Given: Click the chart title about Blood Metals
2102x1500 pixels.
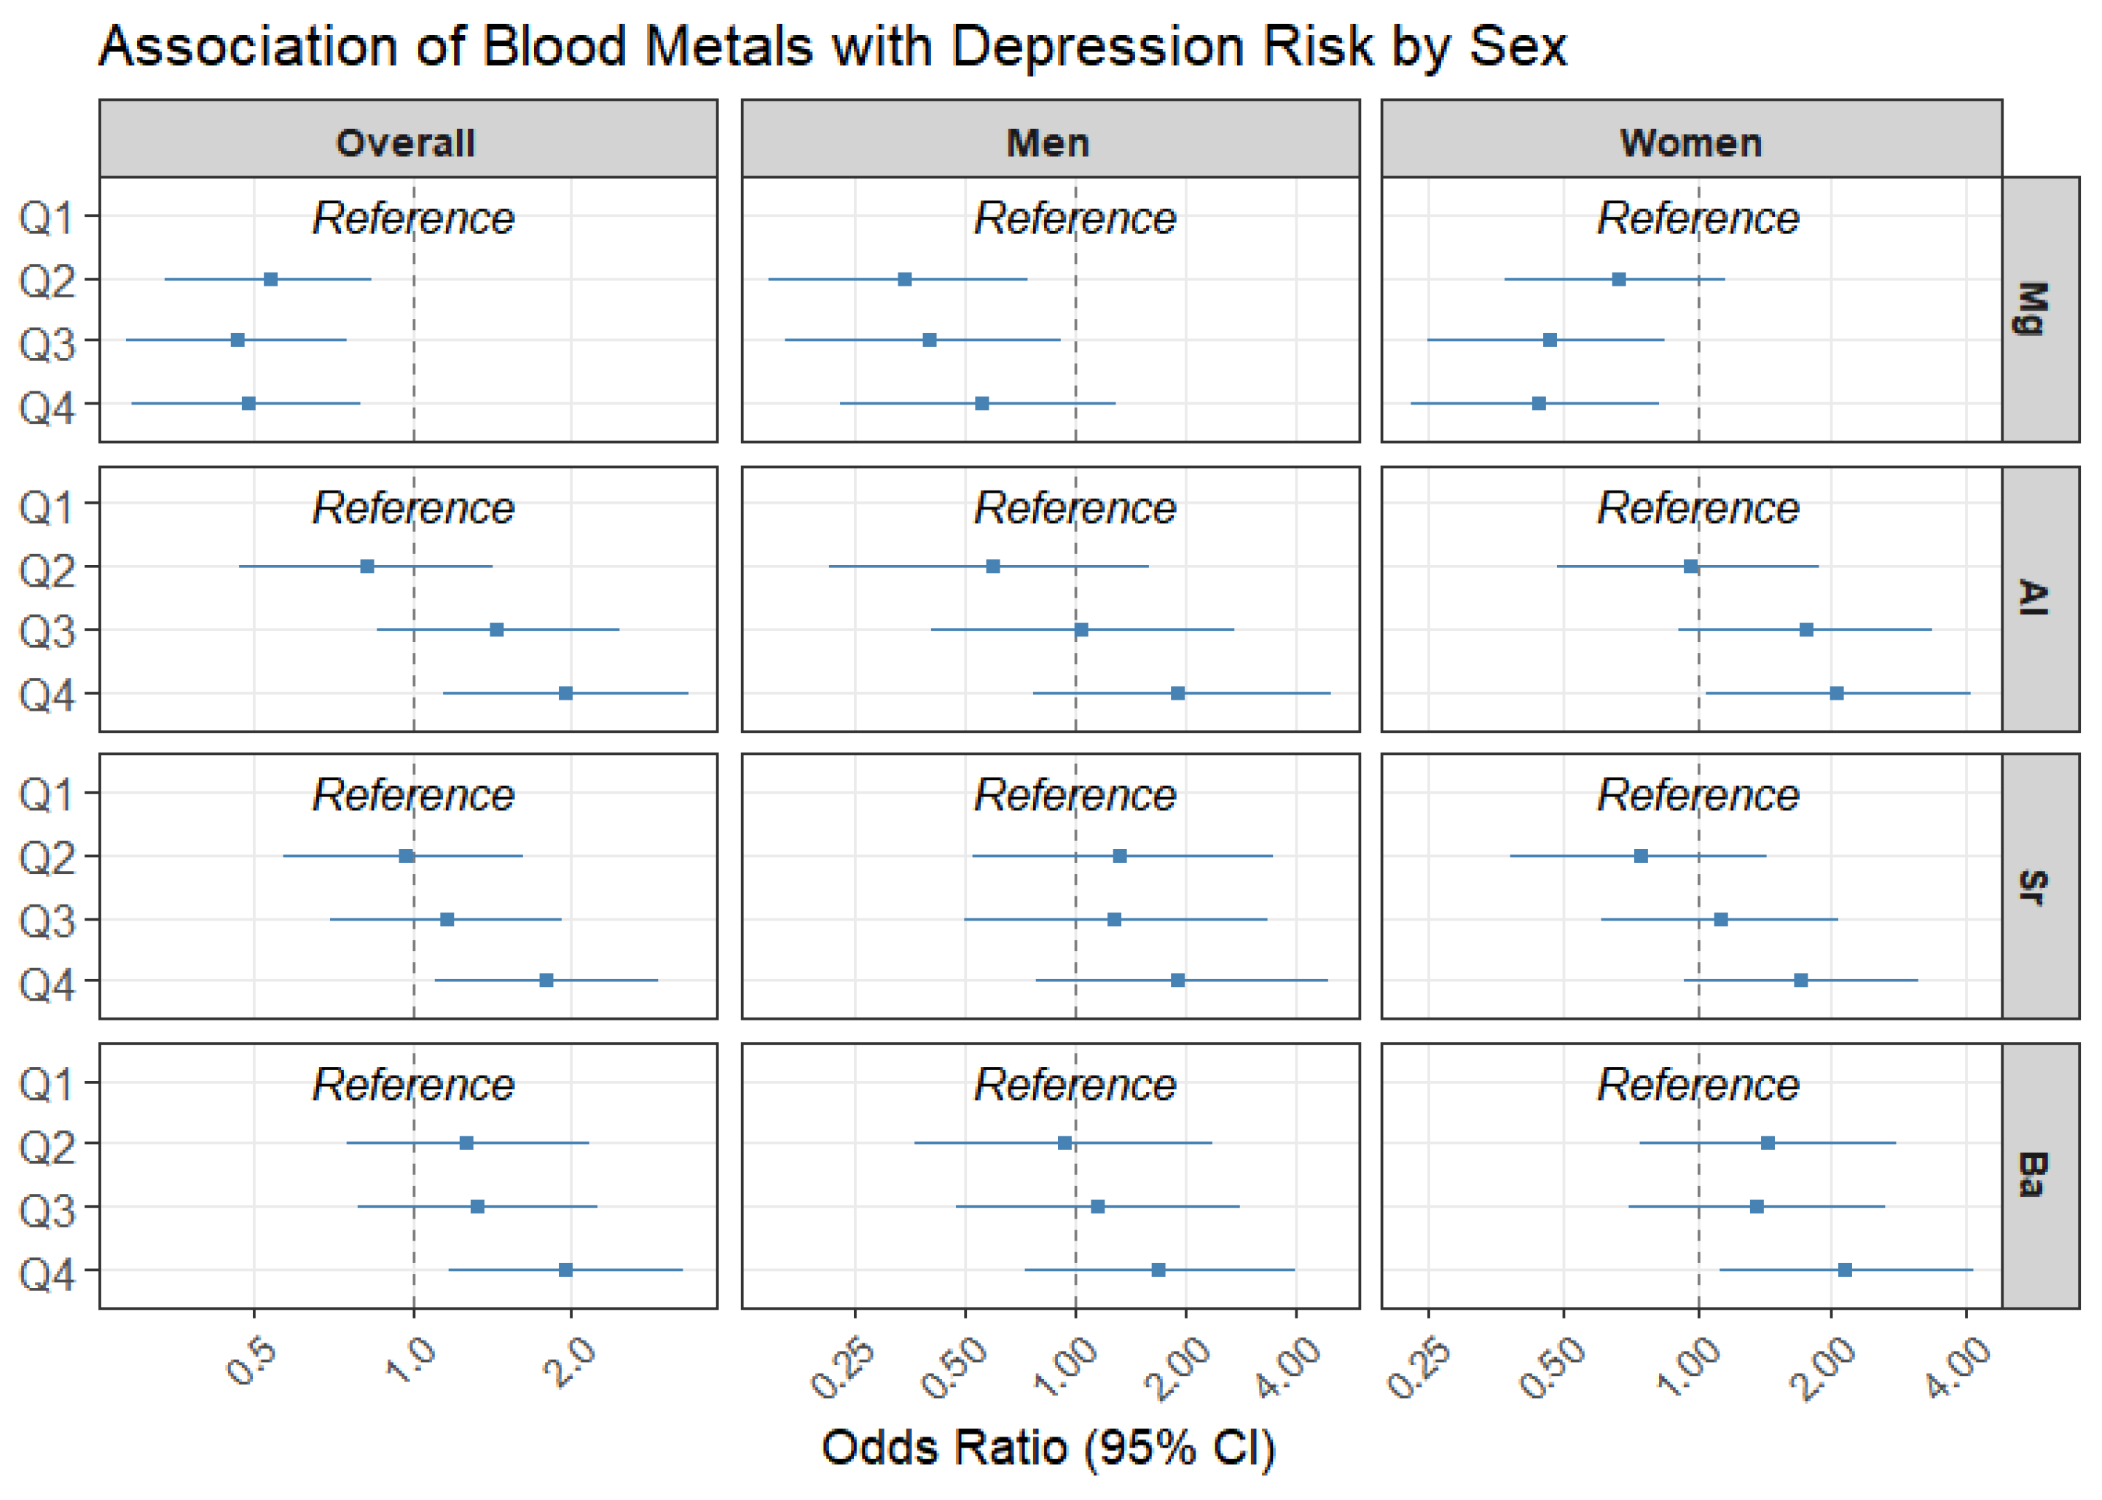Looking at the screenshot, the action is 832,46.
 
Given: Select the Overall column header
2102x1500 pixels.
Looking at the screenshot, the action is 406,143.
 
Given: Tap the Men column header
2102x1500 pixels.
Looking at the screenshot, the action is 1048,143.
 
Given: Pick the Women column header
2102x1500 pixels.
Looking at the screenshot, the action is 1691,143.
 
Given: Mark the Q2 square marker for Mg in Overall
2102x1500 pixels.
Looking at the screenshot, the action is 270,279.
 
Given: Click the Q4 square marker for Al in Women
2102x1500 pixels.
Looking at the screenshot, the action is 1837,692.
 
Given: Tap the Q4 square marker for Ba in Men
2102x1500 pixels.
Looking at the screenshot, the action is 1158,1270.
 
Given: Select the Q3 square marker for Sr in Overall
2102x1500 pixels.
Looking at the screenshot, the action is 447,919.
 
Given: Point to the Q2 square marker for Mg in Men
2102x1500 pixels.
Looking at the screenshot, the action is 905,279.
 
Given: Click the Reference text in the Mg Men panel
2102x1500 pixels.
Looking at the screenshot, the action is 1075,218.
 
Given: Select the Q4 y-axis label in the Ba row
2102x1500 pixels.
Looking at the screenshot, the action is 47,1275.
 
